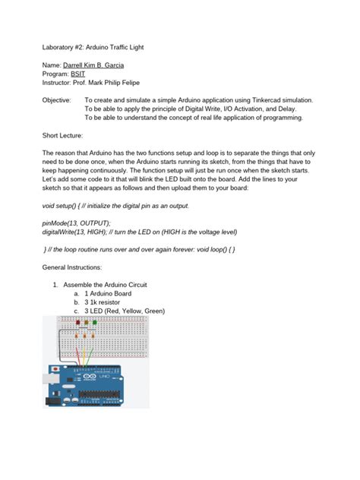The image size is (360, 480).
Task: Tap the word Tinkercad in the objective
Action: [x=266, y=100]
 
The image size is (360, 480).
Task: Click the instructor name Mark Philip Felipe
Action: [x=122, y=84]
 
